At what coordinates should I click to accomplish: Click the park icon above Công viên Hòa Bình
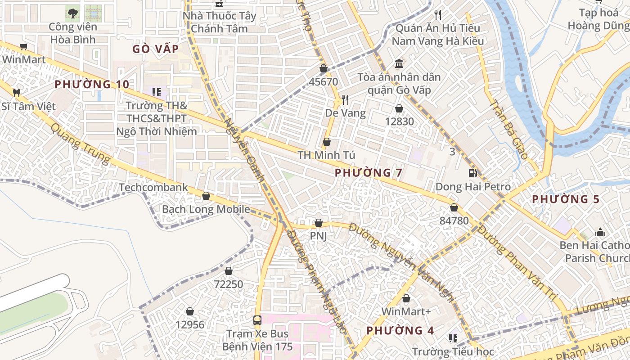72,13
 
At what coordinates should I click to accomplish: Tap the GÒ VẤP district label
156,49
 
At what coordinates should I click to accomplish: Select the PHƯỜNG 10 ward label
92,84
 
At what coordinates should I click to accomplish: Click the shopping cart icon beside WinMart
24,46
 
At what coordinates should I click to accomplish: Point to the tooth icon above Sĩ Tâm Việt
17,93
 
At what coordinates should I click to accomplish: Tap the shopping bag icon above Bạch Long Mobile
206,196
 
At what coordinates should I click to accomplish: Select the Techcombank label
153,187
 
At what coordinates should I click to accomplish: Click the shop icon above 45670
323,68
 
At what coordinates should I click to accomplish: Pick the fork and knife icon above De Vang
345,99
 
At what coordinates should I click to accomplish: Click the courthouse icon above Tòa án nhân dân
399,63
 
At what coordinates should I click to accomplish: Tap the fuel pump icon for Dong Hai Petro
472,173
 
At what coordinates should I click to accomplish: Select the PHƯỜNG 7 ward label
369,172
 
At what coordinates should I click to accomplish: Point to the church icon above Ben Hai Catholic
600,232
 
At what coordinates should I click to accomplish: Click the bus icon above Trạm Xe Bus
257,320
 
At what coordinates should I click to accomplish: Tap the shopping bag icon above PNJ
319,223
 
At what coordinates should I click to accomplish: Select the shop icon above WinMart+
406,298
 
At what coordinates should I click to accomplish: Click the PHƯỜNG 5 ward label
566,199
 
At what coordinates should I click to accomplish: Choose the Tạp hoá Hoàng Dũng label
598,19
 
